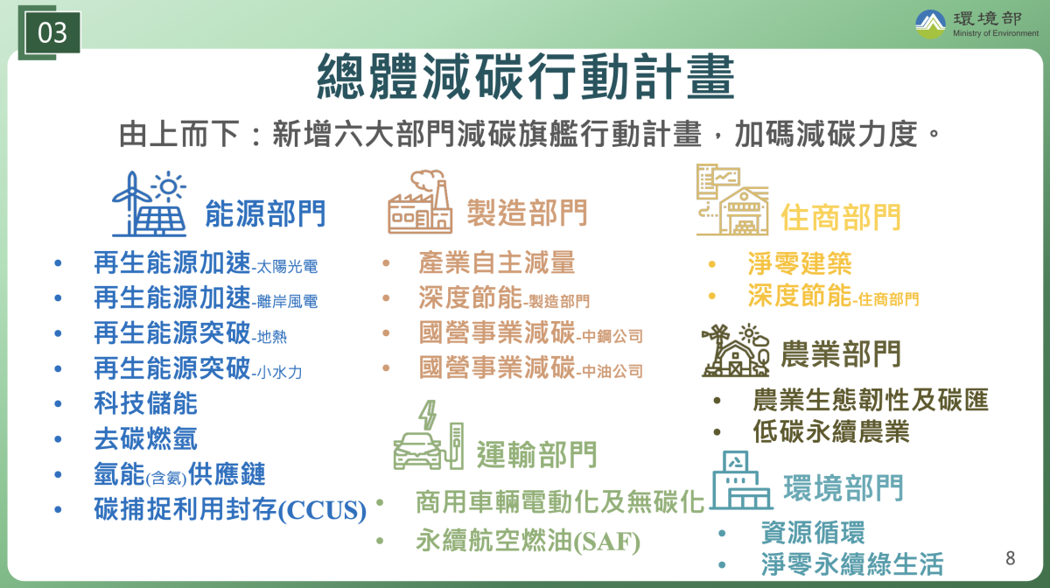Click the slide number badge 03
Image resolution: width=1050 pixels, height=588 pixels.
pyautogui.click(x=52, y=32)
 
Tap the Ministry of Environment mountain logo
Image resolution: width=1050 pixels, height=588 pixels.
pyautogui.click(x=930, y=24)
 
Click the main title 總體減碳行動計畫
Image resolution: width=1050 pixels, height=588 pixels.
pyautogui.click(x=526, y=76)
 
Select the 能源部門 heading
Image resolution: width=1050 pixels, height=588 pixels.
pyautogui.click(x=265, y=213)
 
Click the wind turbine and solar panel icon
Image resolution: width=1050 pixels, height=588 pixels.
pyautogui.click(x=149, y=204)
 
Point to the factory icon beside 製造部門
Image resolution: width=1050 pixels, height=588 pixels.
pyautogui.click(x=420, y=201)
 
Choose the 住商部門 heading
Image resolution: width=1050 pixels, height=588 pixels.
pyautogui.click(x=841, y=217)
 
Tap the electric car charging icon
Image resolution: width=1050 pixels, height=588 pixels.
pyautogui.click(x=429, y=435)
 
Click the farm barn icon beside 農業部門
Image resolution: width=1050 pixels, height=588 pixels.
pyautogui.click(x=736, y=350)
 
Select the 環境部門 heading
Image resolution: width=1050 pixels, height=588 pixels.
pyautogui.click(x=843, y=487)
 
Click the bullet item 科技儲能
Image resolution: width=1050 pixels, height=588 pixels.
pyautogui.click(x=145, y=403)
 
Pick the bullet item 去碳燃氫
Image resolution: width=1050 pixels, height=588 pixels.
pyautogui.click(x=145, y=439)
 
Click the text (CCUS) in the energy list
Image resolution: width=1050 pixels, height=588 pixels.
pyautogui.click(x=322, y=510)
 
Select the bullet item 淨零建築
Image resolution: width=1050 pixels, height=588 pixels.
pyautogui.click(x=800, y=263)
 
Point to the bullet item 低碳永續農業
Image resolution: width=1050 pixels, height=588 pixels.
pyautogui.click(x=831, y=431)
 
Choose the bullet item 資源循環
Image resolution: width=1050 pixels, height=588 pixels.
pyautogui.click(x=813, y=532)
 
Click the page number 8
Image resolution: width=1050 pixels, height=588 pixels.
pyautogui.click(x=1011, y=558)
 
